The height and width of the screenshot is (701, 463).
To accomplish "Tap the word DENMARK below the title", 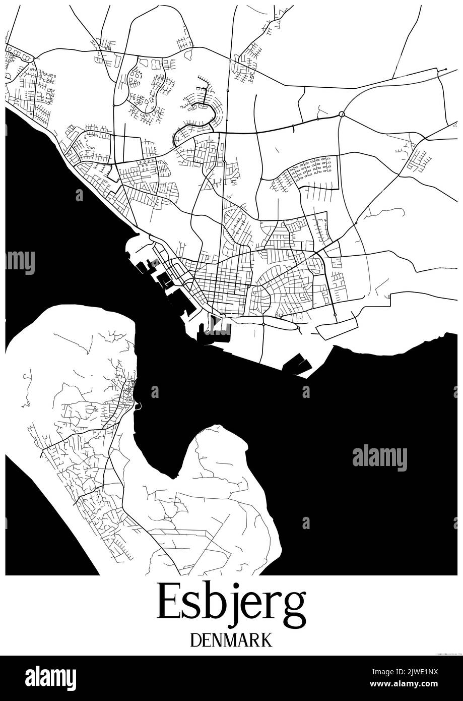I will [231, 639].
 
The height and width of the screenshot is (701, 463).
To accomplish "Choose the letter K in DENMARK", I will [267, 639].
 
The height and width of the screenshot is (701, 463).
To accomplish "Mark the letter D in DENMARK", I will [196, 639].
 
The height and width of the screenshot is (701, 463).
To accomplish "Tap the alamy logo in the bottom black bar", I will [50, 678].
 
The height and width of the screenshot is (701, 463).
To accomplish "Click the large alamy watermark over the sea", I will [379, 458].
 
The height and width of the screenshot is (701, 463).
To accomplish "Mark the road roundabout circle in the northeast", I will [342, 114].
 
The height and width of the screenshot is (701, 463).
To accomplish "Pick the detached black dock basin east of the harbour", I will [296, 365].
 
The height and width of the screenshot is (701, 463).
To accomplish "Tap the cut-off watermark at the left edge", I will [20, 263].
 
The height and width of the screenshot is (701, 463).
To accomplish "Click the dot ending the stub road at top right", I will [446, 70].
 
